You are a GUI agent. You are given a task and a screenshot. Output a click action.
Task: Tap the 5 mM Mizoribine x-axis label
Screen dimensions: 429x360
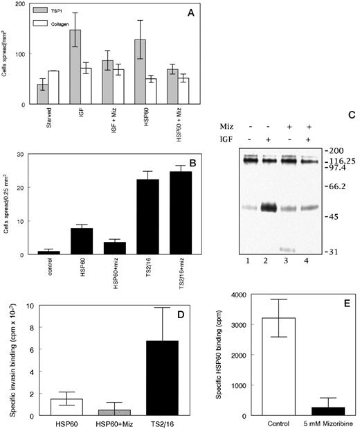coord(324,423)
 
